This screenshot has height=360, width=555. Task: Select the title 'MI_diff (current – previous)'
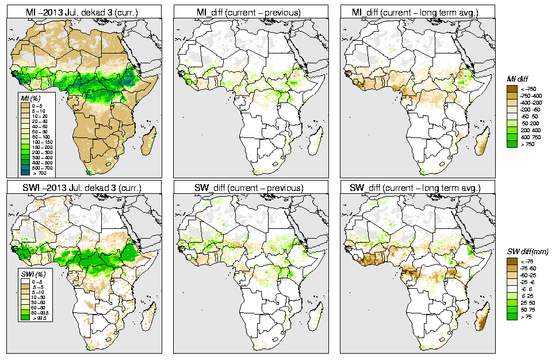click(x=251, y=11)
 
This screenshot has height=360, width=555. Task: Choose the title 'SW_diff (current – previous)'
click(x=251, y=188)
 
